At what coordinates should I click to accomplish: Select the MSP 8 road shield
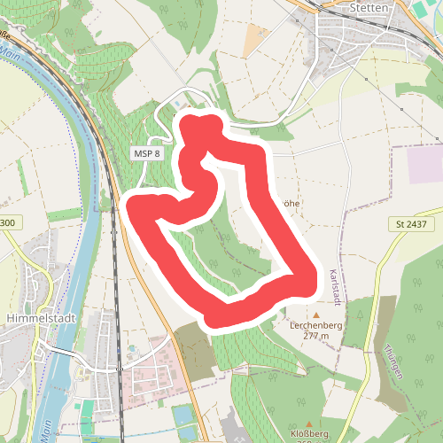pos(147,153)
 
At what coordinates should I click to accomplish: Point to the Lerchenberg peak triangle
pos(315,314)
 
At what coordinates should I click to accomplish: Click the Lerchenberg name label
pos(315,325)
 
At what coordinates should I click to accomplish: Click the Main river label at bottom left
pos(43,432)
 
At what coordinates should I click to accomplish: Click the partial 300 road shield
pos(7,222)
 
